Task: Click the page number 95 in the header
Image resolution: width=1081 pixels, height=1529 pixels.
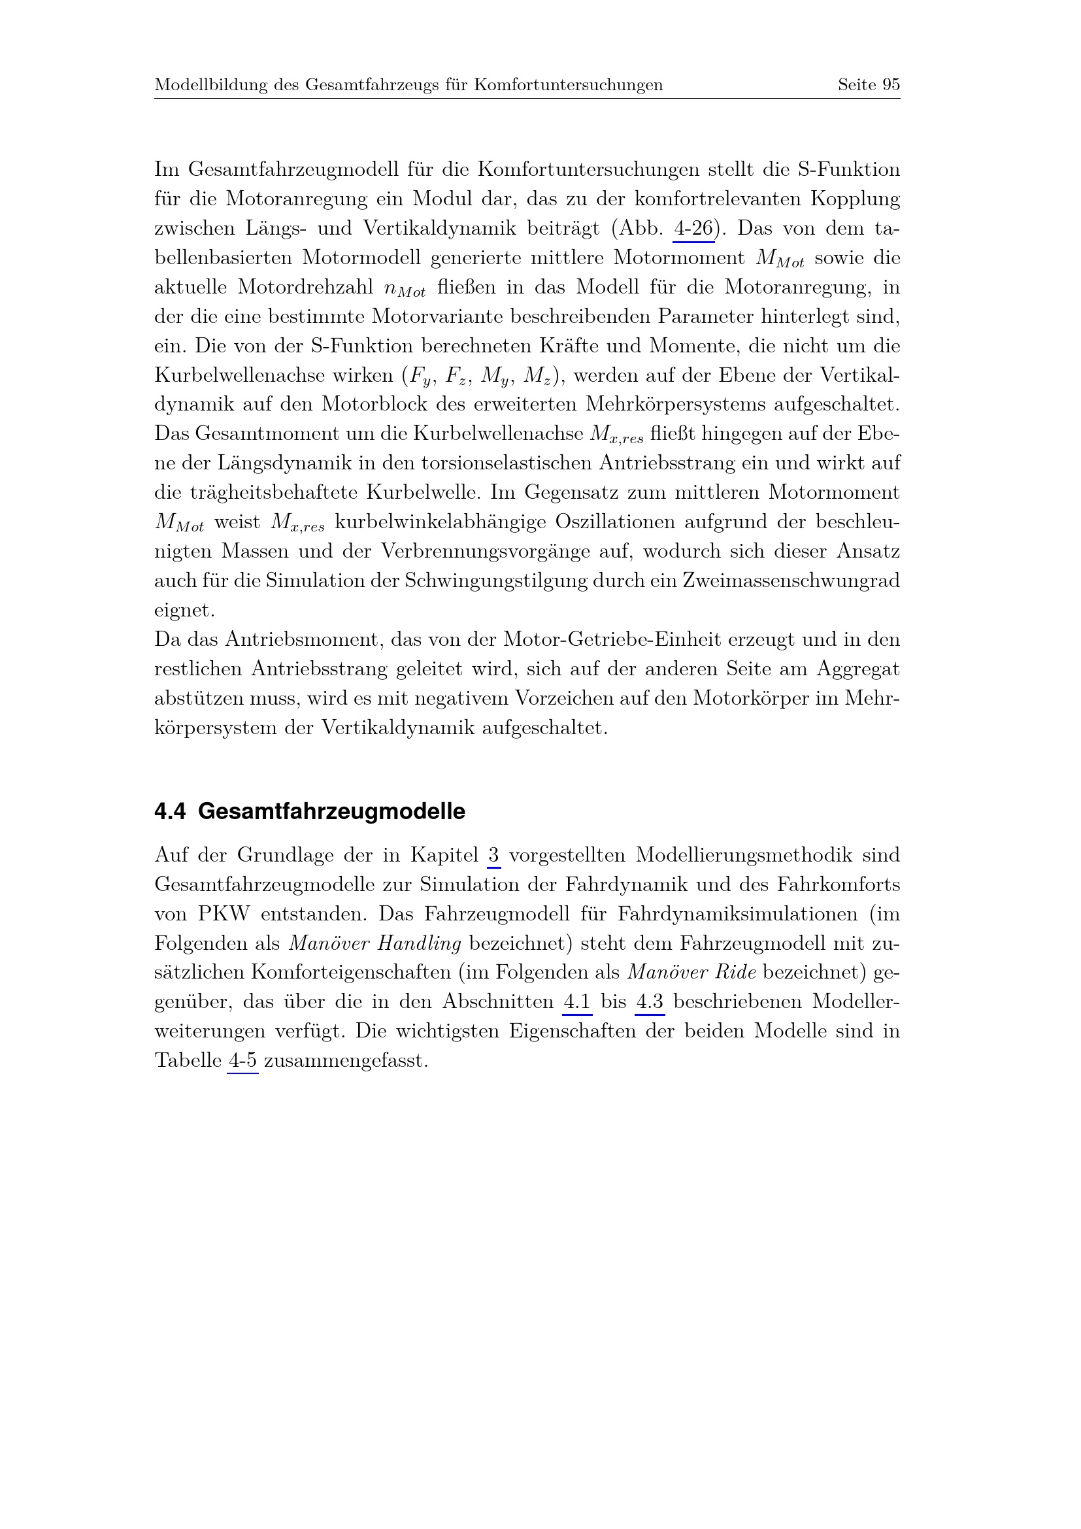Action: coord(891,84)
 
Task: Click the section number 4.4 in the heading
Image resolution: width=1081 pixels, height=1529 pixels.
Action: coord(170,811)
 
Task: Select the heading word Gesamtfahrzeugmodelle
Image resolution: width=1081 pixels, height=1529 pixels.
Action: coord(331,811)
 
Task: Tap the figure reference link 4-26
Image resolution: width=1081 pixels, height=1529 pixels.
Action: coord(693,228)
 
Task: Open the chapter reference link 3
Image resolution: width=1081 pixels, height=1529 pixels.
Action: coord(493,854)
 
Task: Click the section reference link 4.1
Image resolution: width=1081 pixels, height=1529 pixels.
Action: coord(577,1001)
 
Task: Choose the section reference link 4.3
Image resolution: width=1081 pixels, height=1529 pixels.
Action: coord(650,1001)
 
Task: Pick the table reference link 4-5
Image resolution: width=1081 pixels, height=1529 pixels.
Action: coord(242,1060)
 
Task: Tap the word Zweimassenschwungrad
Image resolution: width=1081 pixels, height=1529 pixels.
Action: coord(791,580)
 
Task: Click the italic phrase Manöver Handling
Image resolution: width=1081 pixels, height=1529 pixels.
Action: coord(374,943)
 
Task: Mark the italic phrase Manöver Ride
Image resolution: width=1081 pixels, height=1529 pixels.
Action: coord(691,972)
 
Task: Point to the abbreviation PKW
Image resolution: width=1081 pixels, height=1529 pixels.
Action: coord(223,914)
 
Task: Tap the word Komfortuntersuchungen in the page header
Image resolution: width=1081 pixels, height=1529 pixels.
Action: coord(569,84)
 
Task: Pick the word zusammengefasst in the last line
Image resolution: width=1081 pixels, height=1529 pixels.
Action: coord(345,1060)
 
